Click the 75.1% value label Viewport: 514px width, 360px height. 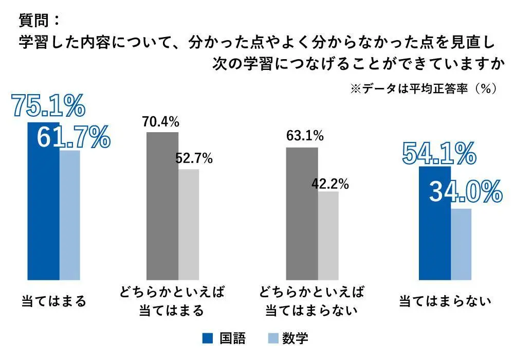coord(48,106)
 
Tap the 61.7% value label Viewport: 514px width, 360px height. coord(73,136)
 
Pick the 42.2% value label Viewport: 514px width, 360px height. coord(331,184)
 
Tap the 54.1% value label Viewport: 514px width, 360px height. coord(438,153)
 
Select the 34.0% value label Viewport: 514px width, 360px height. coord(465,192)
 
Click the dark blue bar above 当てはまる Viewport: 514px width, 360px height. coord(43,206)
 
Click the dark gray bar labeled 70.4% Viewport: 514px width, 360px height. coord(162,206)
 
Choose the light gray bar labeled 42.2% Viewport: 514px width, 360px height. coord(328,236)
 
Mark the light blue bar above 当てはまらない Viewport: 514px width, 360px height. coord(461,244)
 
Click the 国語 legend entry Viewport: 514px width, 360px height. coord(225,338)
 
